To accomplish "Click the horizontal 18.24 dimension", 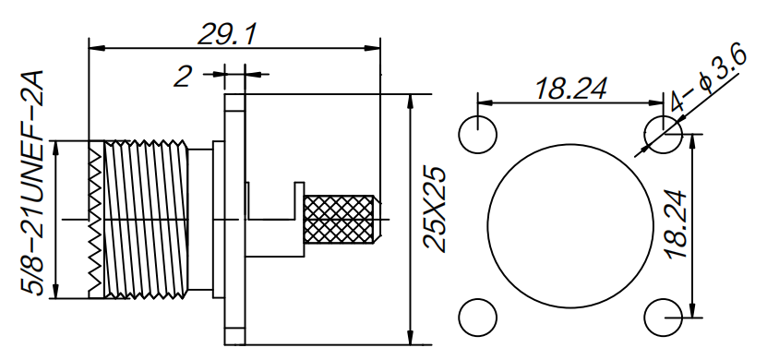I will [x=572, y=89].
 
